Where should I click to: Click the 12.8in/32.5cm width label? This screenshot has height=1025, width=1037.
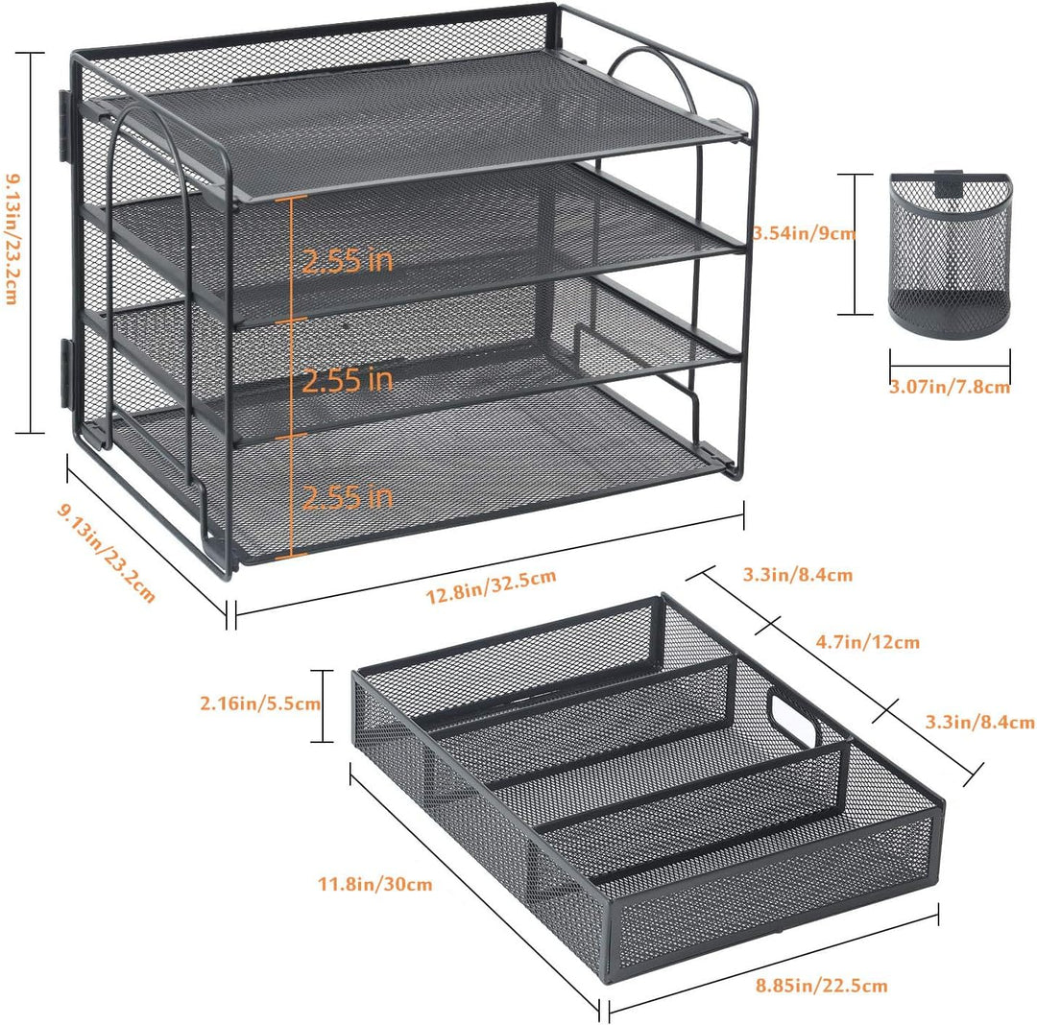tap(490, 586)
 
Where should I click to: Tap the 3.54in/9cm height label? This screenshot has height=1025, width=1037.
tap(805, 232)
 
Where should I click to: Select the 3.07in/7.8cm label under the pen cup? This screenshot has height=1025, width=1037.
tap(949, 387)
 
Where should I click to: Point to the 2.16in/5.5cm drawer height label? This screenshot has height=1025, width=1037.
tap(260, 703)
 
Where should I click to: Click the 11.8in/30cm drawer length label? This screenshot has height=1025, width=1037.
tap(375, 884)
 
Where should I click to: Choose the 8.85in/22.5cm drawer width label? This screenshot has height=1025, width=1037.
tap(821, 986)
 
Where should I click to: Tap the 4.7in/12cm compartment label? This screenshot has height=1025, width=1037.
tap(868, 641)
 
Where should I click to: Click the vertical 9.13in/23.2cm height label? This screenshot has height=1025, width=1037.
tap(12, 239)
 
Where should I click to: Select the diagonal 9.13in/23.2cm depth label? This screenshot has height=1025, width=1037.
tap(108, 553)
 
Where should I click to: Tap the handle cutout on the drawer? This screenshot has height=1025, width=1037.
tap(793, 718)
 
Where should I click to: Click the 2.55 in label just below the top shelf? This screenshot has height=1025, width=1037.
tap(348, 260)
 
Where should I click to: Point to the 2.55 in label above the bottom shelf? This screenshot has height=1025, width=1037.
tap(348, 497)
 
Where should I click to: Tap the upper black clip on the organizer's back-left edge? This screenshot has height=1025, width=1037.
tap(65, 126)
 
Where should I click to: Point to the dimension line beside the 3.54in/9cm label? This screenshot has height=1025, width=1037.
tap(855, 244)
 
